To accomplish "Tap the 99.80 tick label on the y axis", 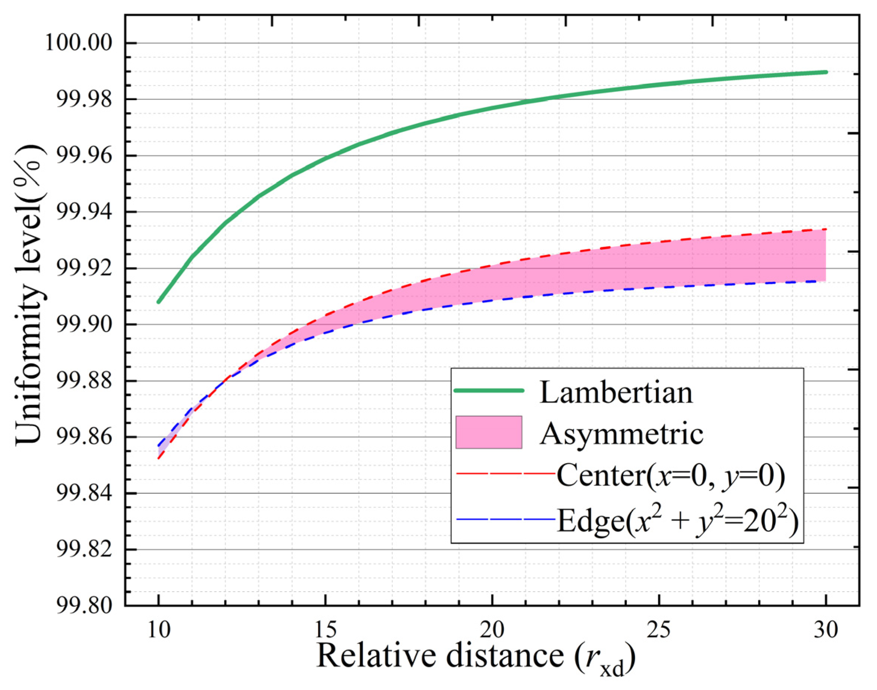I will (x=84, y=606).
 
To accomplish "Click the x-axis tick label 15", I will (x=325, y=629).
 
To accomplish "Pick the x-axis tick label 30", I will (x=826, y=629).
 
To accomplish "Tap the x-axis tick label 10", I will (x=158, y=629).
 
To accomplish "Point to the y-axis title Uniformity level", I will (x=29, y=295).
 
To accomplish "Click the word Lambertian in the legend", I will (x=616, y=393).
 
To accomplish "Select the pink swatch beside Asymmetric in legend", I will (x=488, y=432).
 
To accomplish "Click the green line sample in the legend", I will (x=488, y=390).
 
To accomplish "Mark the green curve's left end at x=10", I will (x=158, y=302).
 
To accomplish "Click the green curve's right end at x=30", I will (x=826, y=72).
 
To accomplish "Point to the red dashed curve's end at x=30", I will (x=826, y=229).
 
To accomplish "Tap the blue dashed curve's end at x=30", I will (x=826, y=281).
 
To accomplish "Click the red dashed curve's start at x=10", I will (x=158, y=458).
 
